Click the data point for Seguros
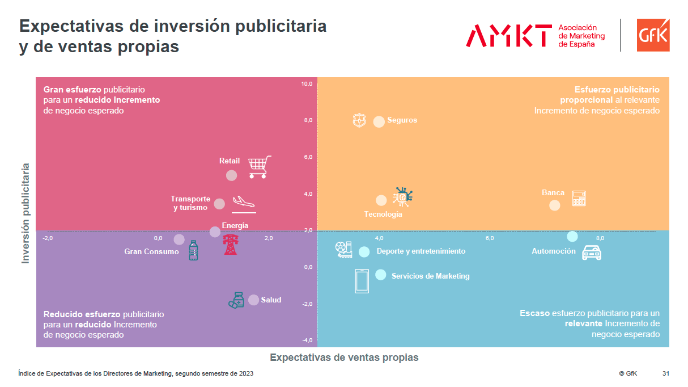tap(379, 121)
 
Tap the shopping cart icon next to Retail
tap(260, 167)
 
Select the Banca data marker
tap(554, 205)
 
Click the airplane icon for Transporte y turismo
tap(244, 203)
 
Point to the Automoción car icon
tap(592, 252)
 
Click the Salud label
tap(271, 300)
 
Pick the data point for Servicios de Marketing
tap(380, 275)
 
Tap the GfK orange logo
tap(653, 35)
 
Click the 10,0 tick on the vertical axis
tap(307, 84)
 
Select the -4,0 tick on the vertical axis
tap(307, 340)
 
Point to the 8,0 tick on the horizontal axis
tap(600, 238)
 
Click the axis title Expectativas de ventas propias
tap(344, 357)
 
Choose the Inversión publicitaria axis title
tap(26, 213)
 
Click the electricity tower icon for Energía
tap(230, 245)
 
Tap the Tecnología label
tap(383, 214)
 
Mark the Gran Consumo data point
tap(179, 239)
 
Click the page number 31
tap(666, 373)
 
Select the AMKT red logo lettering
tap(508, 35)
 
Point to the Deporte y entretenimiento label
tap(421, 251)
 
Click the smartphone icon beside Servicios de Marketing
tap(362, 281)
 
